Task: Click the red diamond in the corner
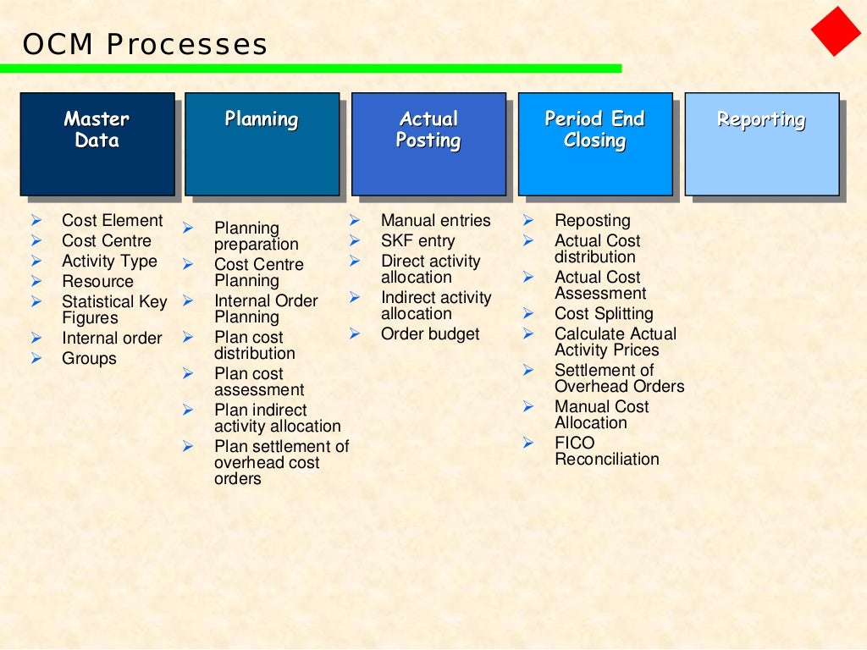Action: [836, 31]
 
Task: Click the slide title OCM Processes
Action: [145, 44]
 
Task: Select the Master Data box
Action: [97, 143]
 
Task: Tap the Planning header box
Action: [261, 143]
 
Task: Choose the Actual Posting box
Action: [428, 143]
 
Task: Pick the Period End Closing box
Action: [594, 143]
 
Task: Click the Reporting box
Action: [761, 143]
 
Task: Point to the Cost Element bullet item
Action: [112, 220]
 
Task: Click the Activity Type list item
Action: [109, 261]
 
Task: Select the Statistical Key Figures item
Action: [114, 310]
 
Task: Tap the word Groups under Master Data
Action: [89, 358]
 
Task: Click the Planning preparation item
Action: [256, 236]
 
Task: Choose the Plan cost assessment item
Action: [258, 382]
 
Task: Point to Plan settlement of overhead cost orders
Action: [281, 462]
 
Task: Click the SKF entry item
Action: [417, 240]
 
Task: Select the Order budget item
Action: [430, 333]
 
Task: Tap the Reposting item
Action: [592, 220]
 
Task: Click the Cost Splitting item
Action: [604, 313]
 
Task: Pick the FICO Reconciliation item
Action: [606, 451]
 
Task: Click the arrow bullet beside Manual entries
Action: [355, 220]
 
